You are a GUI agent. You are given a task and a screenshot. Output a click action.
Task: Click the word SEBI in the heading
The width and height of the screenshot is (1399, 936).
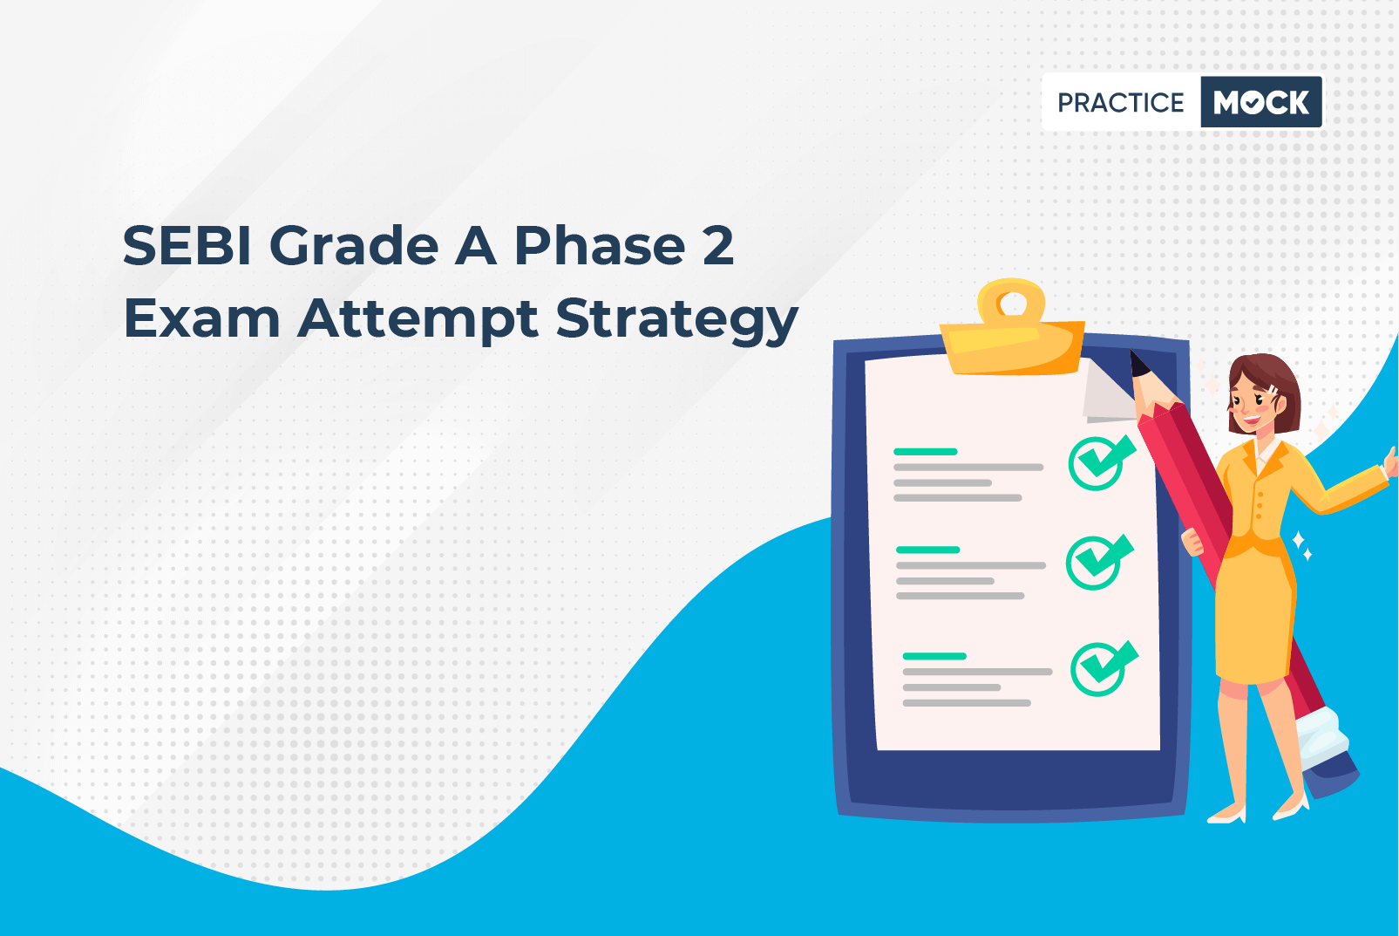click(187, 246)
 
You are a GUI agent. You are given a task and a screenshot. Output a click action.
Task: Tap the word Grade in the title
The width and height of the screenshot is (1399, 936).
click(354, 246)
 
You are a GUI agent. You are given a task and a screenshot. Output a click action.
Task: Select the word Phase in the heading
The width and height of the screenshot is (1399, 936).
click(601, 246)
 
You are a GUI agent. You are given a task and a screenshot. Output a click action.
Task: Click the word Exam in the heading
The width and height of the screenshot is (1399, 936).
click(201, 318)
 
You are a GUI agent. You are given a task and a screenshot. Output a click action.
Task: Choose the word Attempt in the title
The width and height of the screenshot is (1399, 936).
click(418, 321)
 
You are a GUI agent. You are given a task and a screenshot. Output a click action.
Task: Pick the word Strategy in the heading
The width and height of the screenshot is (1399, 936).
click(677, 321)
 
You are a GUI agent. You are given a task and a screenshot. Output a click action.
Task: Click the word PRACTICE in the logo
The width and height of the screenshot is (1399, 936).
click(1120, 103)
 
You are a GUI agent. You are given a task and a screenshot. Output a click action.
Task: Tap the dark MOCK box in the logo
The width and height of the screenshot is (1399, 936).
click(1261, 102)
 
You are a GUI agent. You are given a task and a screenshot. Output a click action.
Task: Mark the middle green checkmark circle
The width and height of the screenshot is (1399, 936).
click(1098, 562)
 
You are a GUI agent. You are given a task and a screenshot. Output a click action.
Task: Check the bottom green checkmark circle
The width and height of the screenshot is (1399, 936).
click(1104, 668)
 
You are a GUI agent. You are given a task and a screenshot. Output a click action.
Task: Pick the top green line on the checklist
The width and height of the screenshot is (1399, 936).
click(926, 451)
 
